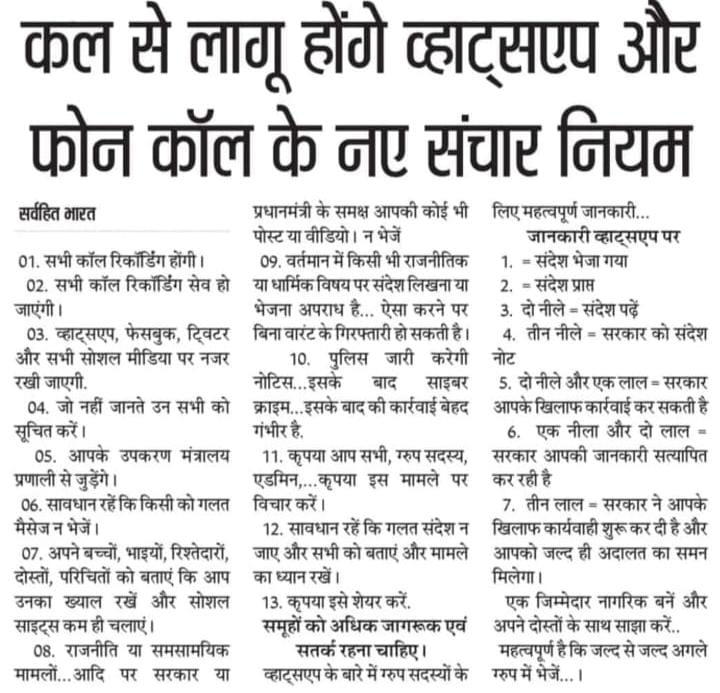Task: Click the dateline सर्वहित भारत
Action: (x=53, y=212)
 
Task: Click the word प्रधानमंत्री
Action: (x=288, y=211)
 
